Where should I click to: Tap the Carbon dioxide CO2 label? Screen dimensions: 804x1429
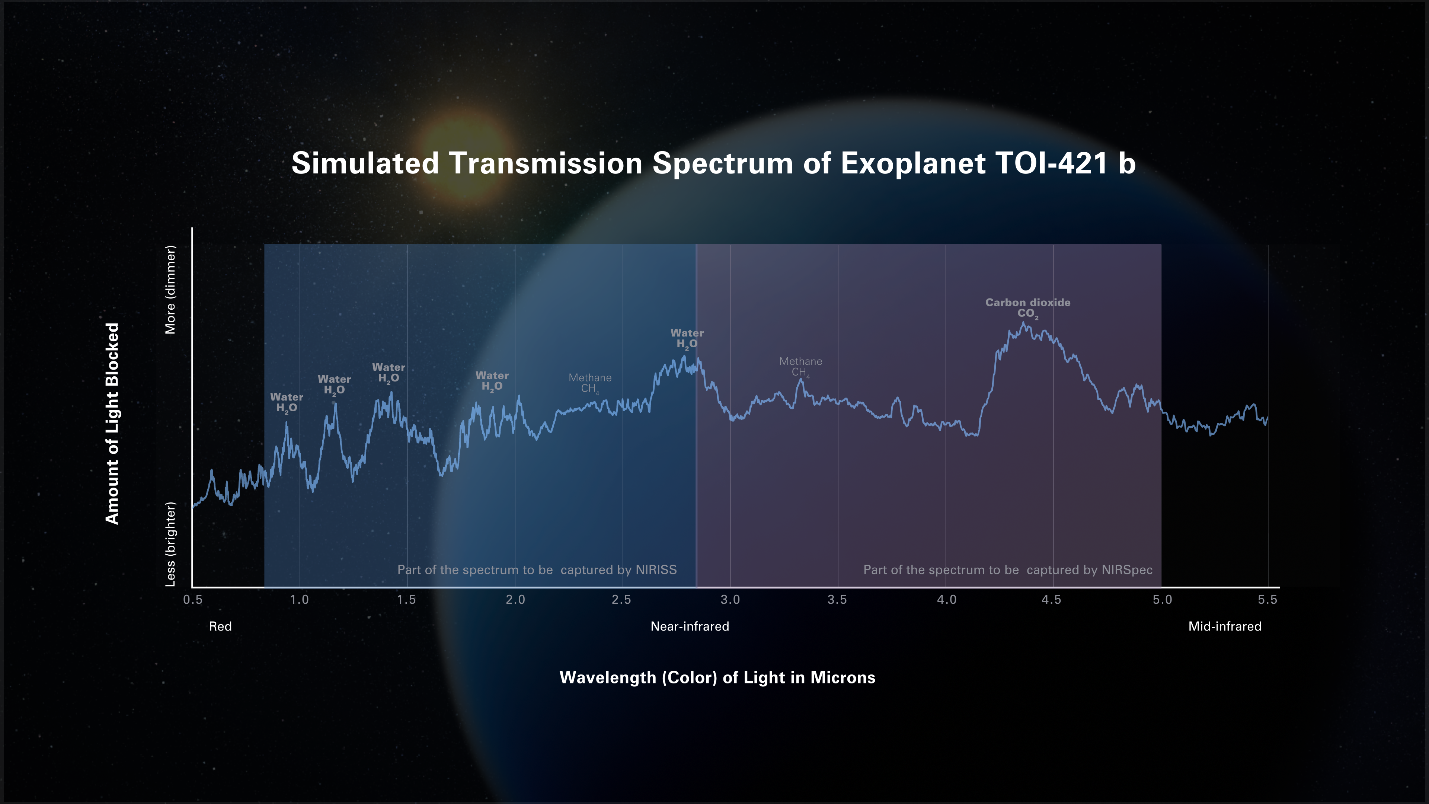[x=1027, y=308]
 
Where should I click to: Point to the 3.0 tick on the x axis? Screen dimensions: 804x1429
[x=730, y=600]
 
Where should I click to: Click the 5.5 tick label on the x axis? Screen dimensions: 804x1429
[x=1267, y=600]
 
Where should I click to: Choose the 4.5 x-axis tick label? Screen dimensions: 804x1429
[x=1051, y=600]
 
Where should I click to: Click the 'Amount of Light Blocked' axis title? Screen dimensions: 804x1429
[x=113, y=423]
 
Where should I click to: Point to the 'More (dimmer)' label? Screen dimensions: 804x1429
[x=170, y=290]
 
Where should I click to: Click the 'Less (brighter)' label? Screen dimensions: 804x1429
[x=170, y=544]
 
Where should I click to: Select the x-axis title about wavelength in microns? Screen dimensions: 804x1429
[x=717, y=677]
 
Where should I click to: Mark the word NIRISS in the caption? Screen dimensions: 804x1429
[x=656, y=570]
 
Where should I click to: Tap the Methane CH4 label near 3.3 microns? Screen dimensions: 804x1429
[x=800, y=367]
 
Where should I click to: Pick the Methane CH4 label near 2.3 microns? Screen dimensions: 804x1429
[x=590, y=383]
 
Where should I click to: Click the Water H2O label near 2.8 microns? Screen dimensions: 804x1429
[x=687, y=338]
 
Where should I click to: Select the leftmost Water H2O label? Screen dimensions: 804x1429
[x=286, y=402]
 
